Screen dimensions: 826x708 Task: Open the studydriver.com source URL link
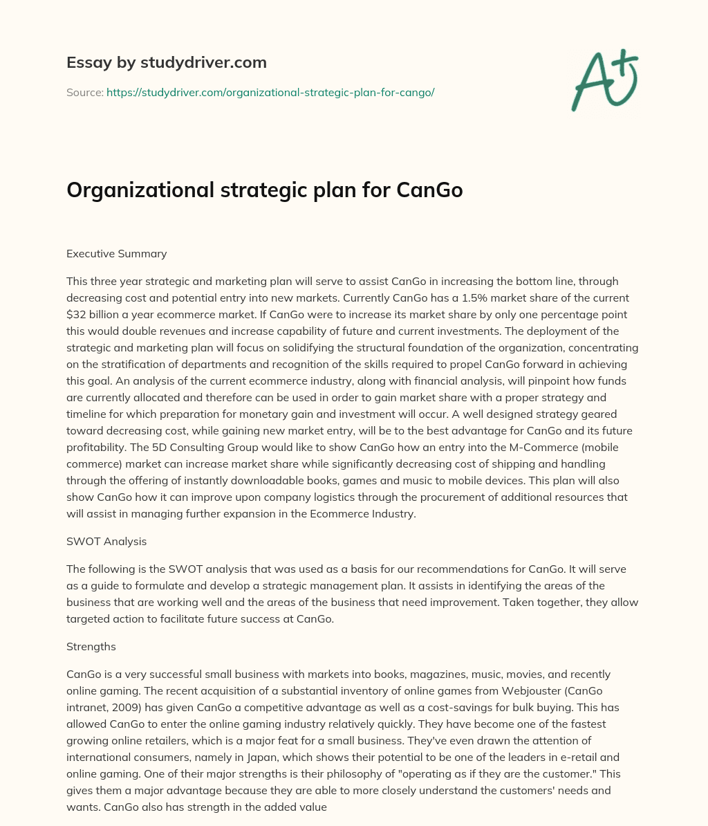(270, 92)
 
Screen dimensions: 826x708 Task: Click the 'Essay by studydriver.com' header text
(166, 62)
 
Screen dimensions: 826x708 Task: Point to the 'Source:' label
(84, 92)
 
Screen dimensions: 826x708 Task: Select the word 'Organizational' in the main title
(138, 190)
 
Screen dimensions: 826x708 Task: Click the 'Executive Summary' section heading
(116, 253)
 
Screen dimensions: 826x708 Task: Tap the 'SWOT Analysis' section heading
(106, 541)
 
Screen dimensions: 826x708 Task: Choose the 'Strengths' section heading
(91, 646)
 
